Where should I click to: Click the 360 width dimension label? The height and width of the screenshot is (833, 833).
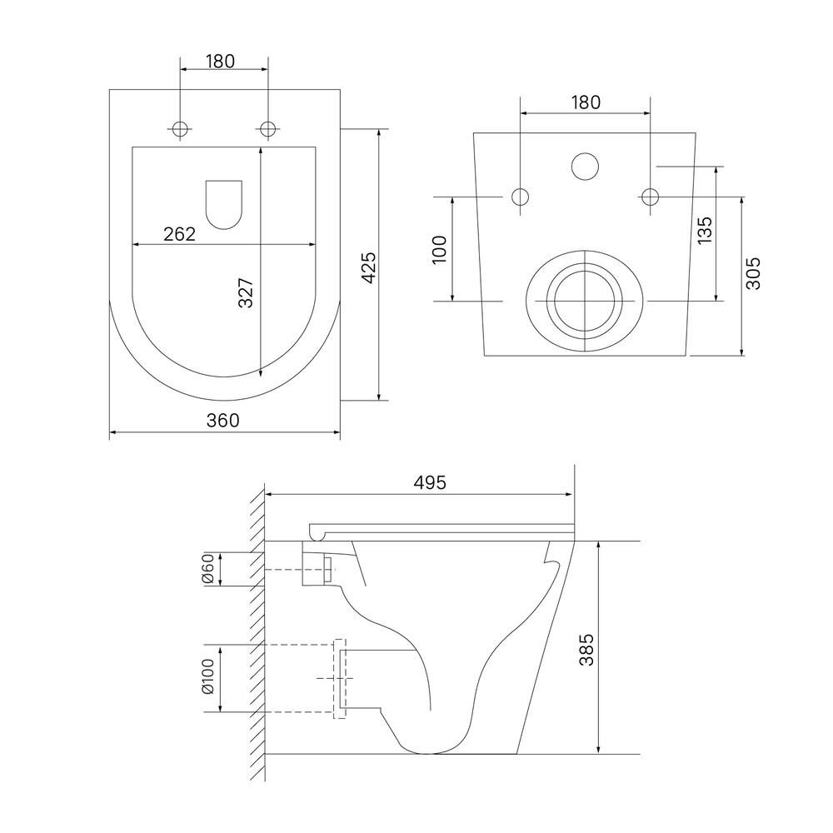pyautogui.click(x=223, y=420)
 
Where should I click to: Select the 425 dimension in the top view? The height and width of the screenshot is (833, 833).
pyautogui.click(x=368, y=267)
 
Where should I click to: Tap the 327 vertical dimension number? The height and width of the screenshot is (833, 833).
pyautogui.click(x=246, y=292)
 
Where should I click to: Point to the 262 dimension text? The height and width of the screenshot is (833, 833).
pyautogui.click(x=180, y=234)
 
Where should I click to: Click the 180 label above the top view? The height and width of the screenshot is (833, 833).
pyautogui.click(x=220, y=62)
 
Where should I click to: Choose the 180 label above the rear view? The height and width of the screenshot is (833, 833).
pyautogui.click(x=586, y=102)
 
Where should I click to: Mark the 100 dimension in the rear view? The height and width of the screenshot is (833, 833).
pyautogui.click(x=440, y=250)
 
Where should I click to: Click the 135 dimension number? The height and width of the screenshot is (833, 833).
pyautogui.click(x=704, y=230)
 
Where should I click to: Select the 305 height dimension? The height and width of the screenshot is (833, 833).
pyautogui.click(x=753, y=273)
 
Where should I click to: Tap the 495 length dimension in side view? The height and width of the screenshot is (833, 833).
pyautogui.click(x=430, y=482)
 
